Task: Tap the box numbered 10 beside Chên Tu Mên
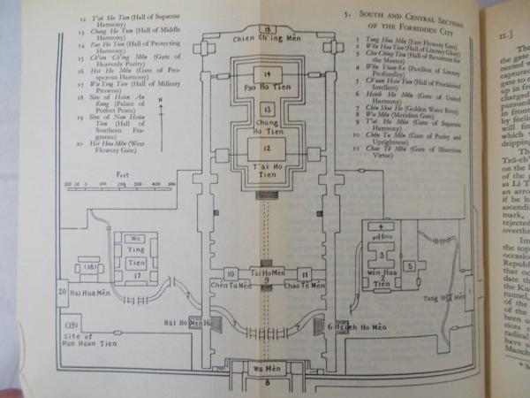231,276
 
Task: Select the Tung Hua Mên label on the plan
446,299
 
